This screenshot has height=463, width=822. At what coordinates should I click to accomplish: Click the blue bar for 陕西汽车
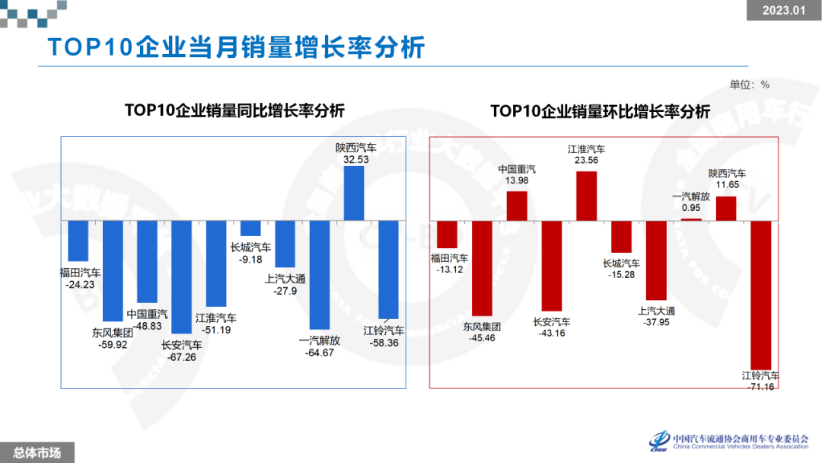click(354, 193)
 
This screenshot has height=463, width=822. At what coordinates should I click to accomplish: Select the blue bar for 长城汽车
click(250, 228)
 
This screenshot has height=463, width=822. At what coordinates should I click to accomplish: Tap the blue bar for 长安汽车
click(181, 277)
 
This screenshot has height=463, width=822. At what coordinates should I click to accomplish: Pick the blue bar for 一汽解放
click(320, 274)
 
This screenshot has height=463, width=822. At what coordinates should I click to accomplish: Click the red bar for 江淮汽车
click(586, 196)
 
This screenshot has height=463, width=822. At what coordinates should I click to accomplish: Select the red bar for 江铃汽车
click(761, 295)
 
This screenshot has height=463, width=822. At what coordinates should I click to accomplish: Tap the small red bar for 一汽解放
click(691, 219)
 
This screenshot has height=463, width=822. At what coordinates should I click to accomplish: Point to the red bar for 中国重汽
click(517, 206)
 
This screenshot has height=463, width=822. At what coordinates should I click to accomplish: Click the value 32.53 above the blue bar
click(355, 160)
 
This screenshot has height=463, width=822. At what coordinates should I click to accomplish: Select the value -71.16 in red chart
click(760, 387)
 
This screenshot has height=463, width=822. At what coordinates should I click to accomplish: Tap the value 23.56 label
click(586, 161)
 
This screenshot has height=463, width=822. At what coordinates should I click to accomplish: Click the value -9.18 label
click(250, 259)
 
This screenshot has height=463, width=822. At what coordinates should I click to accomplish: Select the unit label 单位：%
click(750, 85)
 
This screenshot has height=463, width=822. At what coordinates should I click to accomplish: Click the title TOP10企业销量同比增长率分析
click(234, 110)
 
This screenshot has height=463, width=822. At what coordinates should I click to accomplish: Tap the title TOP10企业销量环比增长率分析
click(600, 111)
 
